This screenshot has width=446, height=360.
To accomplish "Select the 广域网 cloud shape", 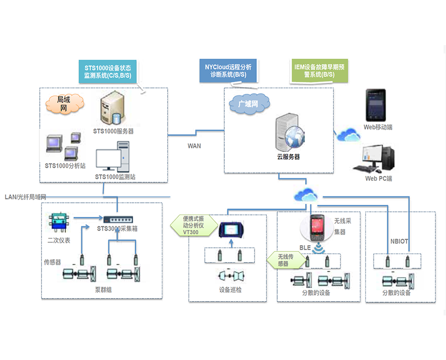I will pyautogui.click(x=249, y=104).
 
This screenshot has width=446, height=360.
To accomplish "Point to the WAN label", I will pyautogui.click(x=194, y=146).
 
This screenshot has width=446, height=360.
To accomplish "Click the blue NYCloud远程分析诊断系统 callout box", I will pyautogui.click(x=228, y=71).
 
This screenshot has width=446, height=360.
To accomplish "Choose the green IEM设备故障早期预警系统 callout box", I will pyautogui.click(x=320, y=71).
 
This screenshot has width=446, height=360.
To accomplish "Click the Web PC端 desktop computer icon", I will pyautogui.click(x=376, y=158).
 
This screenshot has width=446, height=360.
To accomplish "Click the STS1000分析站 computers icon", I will pyautogui.click(x=63, y=146).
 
